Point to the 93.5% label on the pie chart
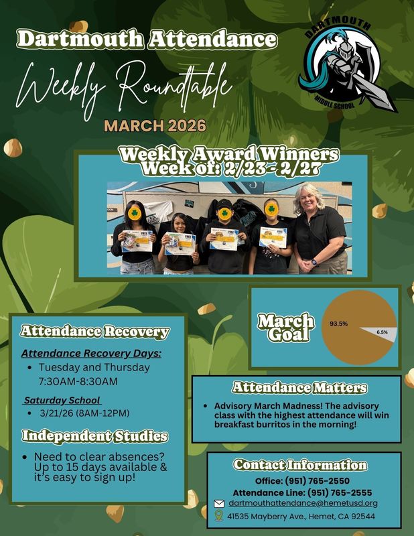click(x=338, y=324)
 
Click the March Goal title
click(x=285, y=328)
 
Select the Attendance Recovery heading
click(x=94, y=331)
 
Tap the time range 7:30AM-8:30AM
click(x=78, y=381)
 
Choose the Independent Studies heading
click(x=94, y=437)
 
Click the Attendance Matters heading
click(x=299, y=388)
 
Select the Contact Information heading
click(x=300, y=465)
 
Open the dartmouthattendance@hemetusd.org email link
click(x=303, y=503)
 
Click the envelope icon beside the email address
click(x=218, y=504)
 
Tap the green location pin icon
click(x=218, y=516)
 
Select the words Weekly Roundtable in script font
click(x=124, y=86)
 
